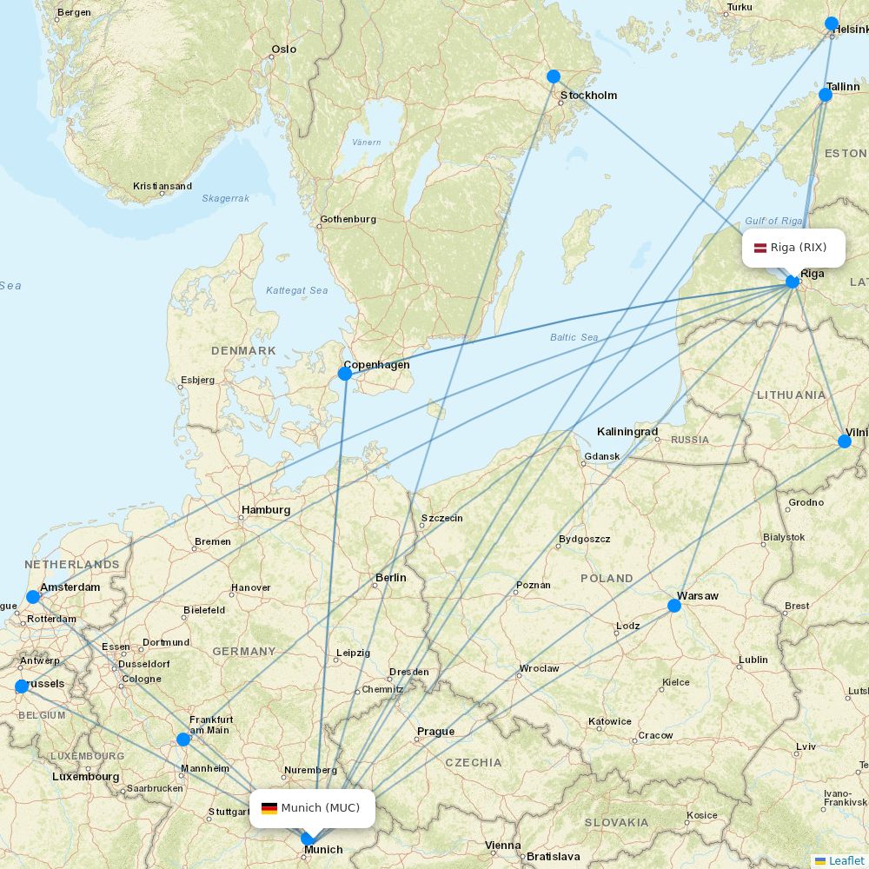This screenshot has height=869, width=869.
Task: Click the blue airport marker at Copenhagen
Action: (345, 374)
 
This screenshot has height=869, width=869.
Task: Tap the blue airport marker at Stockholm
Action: (554, 76)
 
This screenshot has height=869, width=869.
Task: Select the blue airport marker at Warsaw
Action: (674, 606)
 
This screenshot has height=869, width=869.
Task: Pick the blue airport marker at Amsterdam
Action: (33, 597)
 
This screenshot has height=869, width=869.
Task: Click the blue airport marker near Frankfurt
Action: (183, 740)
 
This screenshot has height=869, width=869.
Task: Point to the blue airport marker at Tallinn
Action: (826, 95)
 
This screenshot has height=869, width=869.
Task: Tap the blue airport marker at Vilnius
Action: (845, 441)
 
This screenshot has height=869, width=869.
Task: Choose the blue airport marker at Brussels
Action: (22, 687)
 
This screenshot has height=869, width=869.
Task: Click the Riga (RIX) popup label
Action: (793, 248)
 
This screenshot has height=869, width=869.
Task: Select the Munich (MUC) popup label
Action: (312, 808)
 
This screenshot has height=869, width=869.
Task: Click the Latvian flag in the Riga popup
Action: (760, 248)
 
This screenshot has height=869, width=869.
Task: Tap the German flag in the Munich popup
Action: (269, 808)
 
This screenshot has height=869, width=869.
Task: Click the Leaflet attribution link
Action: (846, 860)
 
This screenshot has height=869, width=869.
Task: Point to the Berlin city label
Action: (391, 578)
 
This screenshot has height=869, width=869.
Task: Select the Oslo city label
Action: (284, 50)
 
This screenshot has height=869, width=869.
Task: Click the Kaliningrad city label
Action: (627, 432)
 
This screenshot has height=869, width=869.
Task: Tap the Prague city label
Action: (435, 732)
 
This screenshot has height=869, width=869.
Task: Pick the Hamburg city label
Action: (266, 510)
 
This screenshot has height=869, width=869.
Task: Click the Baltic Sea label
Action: (574, 337)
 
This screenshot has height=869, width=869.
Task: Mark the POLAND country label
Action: (607, 578)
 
